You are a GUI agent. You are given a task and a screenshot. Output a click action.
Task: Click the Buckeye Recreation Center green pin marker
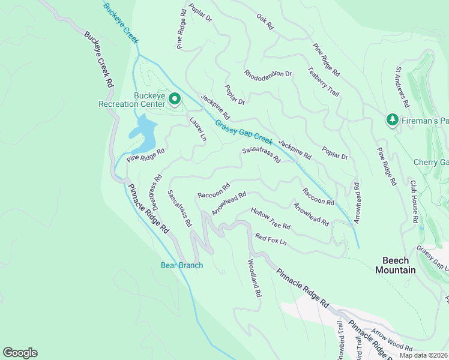coord(175,98)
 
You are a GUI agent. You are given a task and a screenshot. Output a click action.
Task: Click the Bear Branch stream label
coord(182,265)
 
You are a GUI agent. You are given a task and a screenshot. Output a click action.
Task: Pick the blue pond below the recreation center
coord(143,134)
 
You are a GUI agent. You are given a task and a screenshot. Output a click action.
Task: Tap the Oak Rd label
coord(265,22)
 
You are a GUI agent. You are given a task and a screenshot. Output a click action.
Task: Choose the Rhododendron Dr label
coord(268,74)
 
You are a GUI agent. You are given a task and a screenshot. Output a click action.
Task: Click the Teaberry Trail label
coord(324,80)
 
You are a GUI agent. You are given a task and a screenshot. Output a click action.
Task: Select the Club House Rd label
coord(414,202)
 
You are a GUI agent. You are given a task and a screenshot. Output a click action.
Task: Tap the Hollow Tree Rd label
coord(271,219)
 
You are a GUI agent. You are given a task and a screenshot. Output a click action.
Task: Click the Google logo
coord(20,353)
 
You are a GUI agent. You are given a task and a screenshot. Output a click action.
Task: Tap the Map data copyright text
coord(423,355)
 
